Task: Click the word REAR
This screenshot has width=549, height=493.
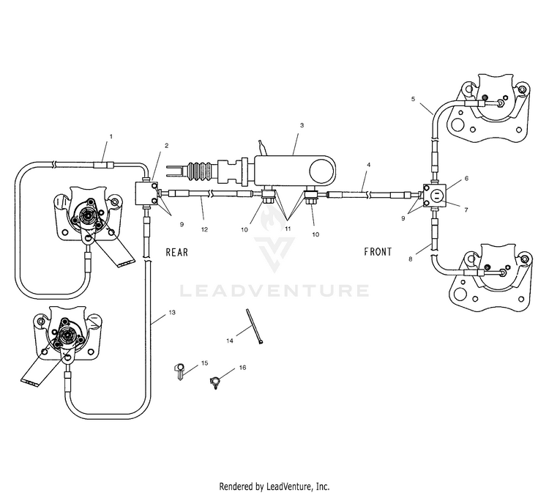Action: [177, 252]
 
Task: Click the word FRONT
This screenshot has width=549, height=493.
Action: [378, 251]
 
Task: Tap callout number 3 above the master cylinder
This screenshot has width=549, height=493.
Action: [302, 125]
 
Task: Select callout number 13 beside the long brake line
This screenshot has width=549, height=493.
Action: [172, 312]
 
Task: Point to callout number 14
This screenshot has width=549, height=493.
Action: [230, 341]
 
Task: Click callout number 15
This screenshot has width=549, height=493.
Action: [205, 363]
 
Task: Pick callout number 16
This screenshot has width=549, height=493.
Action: [242, 367]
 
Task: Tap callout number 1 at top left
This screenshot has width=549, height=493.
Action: [111, 136]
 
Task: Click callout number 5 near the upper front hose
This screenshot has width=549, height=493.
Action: [413, 99]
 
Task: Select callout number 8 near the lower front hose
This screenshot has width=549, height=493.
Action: [411, 259]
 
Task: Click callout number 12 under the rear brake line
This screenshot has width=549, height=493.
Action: [204, 229]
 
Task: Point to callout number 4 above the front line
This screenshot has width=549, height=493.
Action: [368, 164]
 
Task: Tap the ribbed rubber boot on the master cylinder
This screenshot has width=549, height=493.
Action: [201, 172]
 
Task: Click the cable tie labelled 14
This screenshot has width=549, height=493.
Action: [255, 326]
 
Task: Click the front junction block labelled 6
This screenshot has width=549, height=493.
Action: [435, 194]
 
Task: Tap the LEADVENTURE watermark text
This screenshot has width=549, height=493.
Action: [274, 291]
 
